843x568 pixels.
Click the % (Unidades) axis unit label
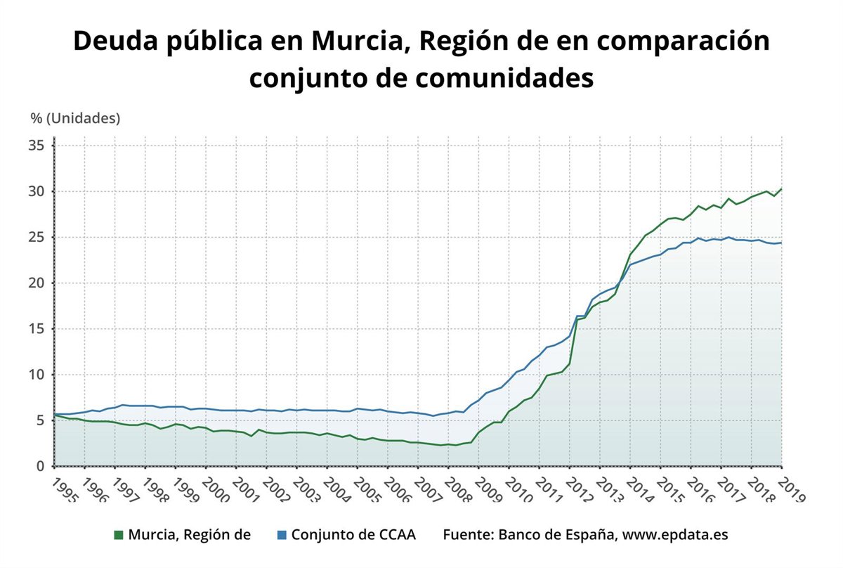pyautogui.click(x=75, y=118)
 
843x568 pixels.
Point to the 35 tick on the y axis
pyautogui.click(x=37, y=146)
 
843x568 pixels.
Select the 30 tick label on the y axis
pyautogui.click(x=37, y=191)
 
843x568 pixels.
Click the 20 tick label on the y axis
pyautogui.click(x=37, y=283)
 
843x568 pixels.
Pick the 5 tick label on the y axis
pyautogui.click(x=41, y=420)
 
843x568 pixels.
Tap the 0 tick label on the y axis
pyautogui.click(x=41, y=466)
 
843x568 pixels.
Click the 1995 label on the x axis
pyautogui.click(x=64, y=489)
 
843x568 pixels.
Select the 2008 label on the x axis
pyautogui.click(x=459, y=489)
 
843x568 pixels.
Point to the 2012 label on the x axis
pyautogui.click(x=580, y=489)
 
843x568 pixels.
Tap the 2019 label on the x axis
pyautogui.click(x=792, y=489)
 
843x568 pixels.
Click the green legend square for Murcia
pyautogui.click(x=119, y=535)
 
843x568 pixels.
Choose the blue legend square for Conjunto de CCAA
pyautogui.click(x=280, y=535)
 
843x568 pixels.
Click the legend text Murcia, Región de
pyautogui.click(x=190, y=535)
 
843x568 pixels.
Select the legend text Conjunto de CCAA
pyautogui.click(x=353, y=535)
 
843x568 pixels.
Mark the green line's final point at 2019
pyautogui.click(x=781, y=189)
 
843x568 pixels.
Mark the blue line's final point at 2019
pyautogui.click(x=781, y=243)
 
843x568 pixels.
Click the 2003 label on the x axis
pyautogui.click(x=307, y=489)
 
